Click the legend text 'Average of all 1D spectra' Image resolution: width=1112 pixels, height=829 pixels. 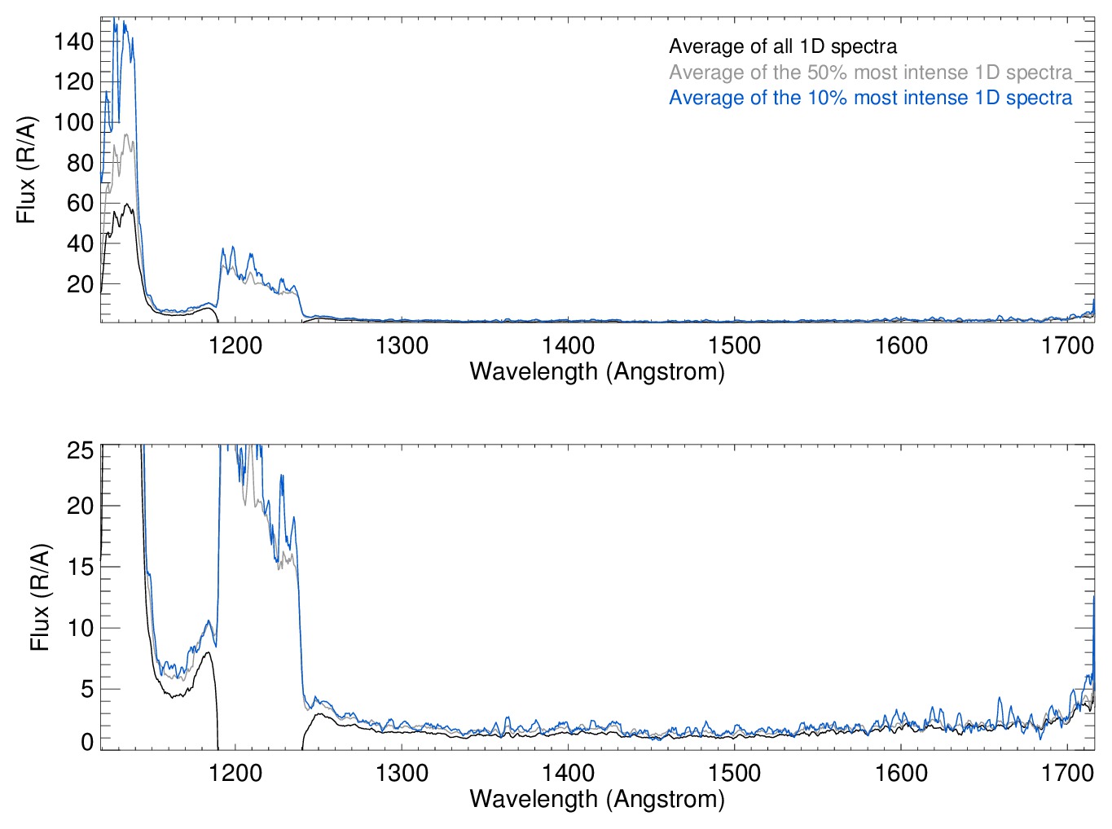(783, 46)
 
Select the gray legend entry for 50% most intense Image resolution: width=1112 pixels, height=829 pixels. (870, 72)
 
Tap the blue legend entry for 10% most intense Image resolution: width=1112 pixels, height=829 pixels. (870, 98)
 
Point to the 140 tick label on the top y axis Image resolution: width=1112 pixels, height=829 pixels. (74, 42)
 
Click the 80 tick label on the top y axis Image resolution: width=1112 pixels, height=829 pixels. (80, 163)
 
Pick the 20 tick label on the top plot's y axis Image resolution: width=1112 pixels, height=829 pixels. (80, 284)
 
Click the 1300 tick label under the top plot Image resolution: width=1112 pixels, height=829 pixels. (402, 345)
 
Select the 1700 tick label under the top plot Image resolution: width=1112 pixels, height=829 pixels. (1067, 345)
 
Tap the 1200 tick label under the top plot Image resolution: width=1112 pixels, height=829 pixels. (235, 345)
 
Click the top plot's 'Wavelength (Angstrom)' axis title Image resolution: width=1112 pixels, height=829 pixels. (597, 372)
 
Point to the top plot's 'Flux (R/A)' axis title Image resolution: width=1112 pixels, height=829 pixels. (27, 170)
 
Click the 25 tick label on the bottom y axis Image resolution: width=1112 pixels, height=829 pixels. (80, 451)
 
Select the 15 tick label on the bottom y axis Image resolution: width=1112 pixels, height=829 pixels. (80, 567)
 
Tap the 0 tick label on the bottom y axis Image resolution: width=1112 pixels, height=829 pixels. (86, 742)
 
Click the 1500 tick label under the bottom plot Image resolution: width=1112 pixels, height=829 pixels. (735, 772)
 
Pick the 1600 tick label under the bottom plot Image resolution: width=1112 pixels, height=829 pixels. (901, 772)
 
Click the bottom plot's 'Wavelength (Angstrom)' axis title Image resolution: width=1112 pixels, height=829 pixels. (597, 799)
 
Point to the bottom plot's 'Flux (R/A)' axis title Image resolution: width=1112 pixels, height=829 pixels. (40, 598)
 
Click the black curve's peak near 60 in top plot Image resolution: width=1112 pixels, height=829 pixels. (127, 204)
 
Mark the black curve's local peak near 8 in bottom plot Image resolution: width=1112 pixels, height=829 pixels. (209, 652)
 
